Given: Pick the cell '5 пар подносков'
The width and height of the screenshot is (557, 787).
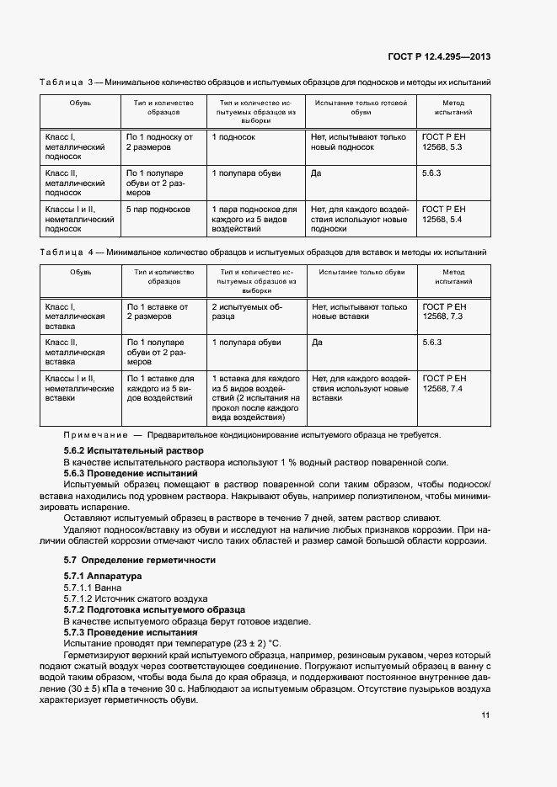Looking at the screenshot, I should (x=158, y=209).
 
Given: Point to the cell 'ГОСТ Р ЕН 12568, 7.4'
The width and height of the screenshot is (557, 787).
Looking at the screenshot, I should (x=443, y=384).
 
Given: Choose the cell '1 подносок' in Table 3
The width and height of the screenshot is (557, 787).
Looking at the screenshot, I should (x=233, y=136).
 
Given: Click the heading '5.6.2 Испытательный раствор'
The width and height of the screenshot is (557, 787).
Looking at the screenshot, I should (x=122, y=451).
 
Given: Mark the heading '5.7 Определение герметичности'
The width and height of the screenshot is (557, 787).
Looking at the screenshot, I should (x=140, y=560).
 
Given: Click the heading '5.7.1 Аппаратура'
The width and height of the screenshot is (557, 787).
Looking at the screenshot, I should (x=103, y=576).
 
